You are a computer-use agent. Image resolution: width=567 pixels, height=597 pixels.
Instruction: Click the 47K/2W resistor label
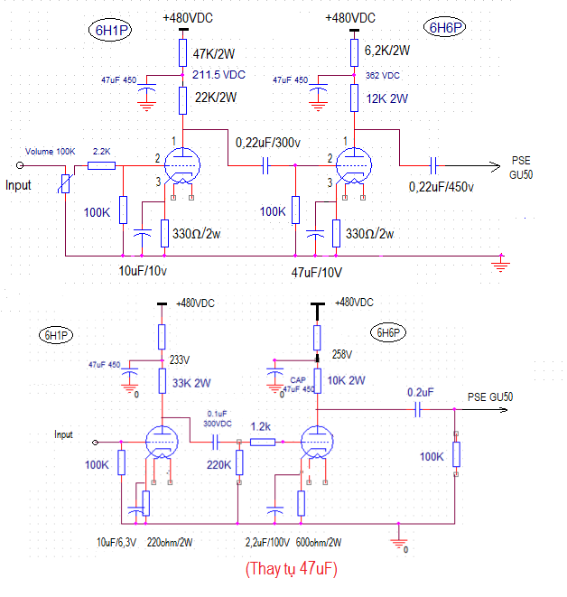point(213,53)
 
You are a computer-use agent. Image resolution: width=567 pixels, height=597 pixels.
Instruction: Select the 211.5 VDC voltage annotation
point(218,75)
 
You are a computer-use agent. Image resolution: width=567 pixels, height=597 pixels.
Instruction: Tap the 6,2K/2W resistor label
point(387,51)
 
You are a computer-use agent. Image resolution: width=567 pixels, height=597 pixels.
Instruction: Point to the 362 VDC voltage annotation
point(383,75)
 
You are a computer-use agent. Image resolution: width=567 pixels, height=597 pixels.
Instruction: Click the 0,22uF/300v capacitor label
point(268,143)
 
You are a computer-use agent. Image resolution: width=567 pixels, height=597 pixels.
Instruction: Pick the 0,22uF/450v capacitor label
point(441,187)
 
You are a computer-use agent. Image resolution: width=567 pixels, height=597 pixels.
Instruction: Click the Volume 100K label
point(51,152)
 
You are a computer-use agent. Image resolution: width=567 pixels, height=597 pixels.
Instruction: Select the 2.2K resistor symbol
point(102,165)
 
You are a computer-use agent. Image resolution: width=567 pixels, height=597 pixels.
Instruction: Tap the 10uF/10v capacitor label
point(143,271)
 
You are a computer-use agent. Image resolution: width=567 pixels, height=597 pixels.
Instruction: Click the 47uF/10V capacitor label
point(317,273)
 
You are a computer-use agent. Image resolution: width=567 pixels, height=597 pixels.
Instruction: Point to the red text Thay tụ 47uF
point(292,569)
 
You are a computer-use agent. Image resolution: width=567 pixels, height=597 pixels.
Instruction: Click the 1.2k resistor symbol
point(263,442)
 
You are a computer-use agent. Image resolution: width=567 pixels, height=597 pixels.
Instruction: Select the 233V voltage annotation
point(180,359)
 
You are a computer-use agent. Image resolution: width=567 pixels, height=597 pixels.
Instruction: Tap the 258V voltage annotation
point(342,354)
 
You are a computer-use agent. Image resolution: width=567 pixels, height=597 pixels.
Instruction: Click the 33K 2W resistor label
point(191,383)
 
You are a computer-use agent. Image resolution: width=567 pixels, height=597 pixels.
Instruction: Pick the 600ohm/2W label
point(319,542)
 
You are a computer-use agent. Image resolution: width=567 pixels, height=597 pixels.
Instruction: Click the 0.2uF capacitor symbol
point(418,410)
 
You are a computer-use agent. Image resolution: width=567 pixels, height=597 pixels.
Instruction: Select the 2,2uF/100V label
point(267,542)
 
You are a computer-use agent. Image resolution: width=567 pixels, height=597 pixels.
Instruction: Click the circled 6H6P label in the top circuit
point(445,27)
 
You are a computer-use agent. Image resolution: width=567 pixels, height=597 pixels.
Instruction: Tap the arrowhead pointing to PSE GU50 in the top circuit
point(495,166)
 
